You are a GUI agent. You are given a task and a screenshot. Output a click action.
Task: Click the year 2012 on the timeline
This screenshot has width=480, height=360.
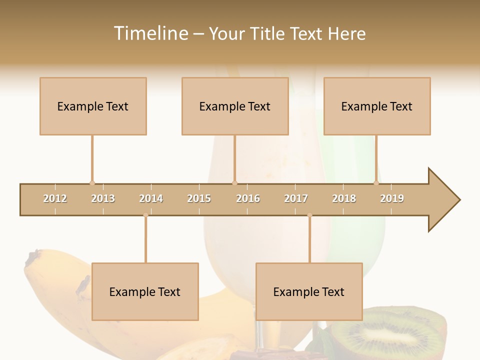coord(55,198)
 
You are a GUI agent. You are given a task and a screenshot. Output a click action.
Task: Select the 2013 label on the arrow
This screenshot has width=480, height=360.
coord(103,198)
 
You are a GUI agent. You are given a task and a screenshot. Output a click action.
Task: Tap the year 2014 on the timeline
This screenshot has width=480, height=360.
coord(151,198)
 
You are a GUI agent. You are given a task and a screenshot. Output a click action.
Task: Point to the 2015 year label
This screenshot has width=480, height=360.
coord(199,198)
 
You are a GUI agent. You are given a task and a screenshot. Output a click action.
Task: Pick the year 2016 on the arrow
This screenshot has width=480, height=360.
coord(248,198)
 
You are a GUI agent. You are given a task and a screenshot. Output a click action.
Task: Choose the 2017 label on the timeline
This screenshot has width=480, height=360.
coord(296,198)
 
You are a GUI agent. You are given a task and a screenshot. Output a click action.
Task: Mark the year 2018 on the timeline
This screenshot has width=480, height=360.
coord(344,198)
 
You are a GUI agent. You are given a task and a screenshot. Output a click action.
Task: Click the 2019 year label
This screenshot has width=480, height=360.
coord(392,198)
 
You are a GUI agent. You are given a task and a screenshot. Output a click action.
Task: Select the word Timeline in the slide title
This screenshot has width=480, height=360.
coord(150,33)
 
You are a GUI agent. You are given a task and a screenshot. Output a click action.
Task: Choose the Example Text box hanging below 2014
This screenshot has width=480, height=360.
coord(145,291)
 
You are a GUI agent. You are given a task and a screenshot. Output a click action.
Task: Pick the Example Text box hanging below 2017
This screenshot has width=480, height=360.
coord(309,291)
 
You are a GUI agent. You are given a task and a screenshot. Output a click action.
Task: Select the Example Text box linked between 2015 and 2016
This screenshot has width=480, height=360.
coord(235,106)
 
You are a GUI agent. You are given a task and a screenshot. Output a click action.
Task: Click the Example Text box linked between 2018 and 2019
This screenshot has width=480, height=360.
coord(377,106)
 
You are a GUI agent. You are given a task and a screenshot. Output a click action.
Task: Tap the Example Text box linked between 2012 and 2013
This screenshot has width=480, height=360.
coord(93,106)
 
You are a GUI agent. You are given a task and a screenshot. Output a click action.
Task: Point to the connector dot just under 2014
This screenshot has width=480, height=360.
coord(145,215)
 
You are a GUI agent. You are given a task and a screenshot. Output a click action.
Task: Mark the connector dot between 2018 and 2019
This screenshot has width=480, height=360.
coord(376,183)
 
